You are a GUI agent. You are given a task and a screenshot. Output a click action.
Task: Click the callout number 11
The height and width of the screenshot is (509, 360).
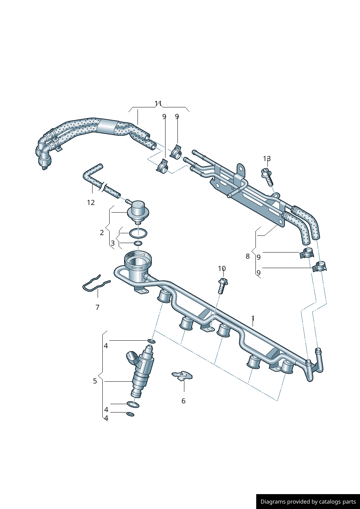158,103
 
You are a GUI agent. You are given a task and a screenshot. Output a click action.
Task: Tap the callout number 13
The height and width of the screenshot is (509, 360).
267,159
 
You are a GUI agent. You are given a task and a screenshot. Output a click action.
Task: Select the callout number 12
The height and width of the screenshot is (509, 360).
91,202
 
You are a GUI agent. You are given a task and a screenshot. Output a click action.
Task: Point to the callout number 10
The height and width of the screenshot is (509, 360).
222,268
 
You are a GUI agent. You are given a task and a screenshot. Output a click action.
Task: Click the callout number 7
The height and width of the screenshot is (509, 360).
97,307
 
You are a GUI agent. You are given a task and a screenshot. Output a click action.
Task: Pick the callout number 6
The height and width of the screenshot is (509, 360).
183,401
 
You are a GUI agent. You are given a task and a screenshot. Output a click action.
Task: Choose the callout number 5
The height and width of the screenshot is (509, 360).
95,381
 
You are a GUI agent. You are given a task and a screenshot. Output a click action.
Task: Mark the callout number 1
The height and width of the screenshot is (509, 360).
253,319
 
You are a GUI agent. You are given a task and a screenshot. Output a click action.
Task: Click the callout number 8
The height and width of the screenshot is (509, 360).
247,256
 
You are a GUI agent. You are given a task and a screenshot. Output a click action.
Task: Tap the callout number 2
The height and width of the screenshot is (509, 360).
102,233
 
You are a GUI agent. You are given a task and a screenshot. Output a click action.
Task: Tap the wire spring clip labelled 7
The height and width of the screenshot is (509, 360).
95,284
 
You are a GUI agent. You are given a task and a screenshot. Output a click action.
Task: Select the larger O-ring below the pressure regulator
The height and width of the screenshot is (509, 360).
138,233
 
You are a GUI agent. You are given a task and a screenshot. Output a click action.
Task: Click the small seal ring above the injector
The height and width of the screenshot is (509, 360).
151,341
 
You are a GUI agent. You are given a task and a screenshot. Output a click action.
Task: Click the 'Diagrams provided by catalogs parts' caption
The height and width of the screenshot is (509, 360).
308,501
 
